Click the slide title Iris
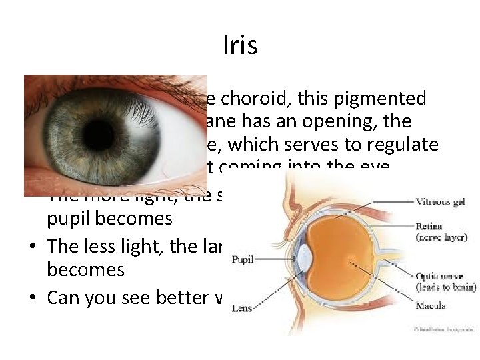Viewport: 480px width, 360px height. point(239,46)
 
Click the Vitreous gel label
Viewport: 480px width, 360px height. point(441,201)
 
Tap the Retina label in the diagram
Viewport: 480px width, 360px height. point(430,226)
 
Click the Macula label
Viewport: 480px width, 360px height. point(431,306)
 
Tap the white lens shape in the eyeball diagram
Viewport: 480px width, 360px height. point(305,259)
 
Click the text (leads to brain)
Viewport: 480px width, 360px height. point(445,287)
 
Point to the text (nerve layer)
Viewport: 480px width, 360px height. point(441,237)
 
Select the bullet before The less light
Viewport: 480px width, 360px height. point(32,247)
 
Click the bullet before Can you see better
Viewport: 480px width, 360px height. point(32,297)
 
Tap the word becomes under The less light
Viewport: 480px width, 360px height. point(85,269)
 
